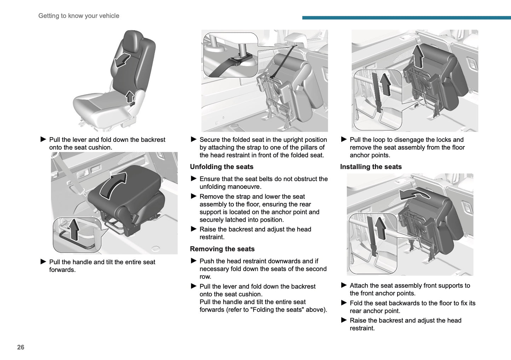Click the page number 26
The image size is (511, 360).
[x=21, y=347]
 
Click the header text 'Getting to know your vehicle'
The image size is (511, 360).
[x=79, y=16]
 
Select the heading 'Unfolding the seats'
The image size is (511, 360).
[x=221, y=167]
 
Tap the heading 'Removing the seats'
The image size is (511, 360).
[x=222, y=249]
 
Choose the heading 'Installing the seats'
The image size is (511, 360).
[x=371, y=167]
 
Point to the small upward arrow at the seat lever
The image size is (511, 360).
[x=130, y=96]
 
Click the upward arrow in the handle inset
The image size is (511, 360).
[x=74, y=229]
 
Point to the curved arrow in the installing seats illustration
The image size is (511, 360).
[x=414, y=194]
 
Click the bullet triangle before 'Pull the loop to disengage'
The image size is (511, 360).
[x=344, y=139]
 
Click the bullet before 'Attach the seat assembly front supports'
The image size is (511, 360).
[x=344, y=285]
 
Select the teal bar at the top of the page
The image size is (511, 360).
[x=406, y=18]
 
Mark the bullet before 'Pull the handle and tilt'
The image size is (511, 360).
[x=43, y=262]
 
